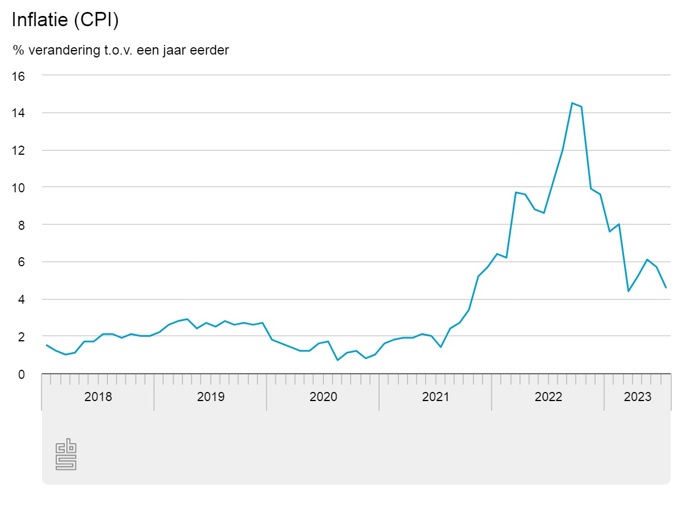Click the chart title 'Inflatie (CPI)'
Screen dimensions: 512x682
pos(65,20)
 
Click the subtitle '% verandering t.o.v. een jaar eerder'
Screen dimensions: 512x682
pos(121,50)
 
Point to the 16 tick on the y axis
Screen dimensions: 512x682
pos(19,76)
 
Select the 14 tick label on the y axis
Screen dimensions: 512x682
pos(19,113)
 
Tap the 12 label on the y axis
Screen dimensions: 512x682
pos(19,150)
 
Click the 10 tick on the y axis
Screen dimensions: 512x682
pos(19,188)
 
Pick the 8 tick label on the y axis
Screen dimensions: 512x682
pos(22,225)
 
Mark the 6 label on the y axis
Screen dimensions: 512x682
pos(22,262)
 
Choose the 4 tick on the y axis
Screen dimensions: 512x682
pos(22,299)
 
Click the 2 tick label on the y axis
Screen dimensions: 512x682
pos(22,337)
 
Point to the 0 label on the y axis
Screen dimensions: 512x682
pos(22,374)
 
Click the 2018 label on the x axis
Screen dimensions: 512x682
pos(98,397)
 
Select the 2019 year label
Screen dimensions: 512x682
pos(211,397)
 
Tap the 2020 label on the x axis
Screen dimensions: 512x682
pos(323,397)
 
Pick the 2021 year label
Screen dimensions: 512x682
pos(436,397)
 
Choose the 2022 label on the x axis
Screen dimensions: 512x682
pos(548,397)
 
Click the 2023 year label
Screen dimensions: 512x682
pos(638,397)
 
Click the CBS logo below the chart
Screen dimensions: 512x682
pos(65,455)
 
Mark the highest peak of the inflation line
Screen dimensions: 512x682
pos(572,103)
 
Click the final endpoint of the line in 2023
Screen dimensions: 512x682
pos(666,287)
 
